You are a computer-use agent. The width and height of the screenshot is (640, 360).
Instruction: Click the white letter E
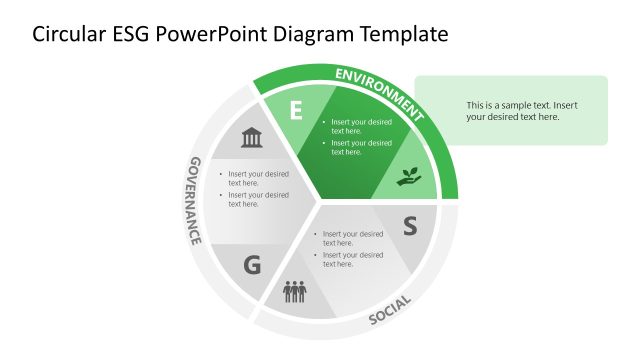296,111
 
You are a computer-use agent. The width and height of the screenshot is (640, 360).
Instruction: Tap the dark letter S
409,226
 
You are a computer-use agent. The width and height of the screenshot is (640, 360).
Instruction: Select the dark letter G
252,265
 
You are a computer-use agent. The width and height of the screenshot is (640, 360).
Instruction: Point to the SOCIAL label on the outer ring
390,310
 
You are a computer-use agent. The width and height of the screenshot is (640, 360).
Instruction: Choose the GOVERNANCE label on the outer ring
196,200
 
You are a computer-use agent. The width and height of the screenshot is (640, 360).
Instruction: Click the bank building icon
251,137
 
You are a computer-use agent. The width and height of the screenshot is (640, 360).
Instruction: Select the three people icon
294,292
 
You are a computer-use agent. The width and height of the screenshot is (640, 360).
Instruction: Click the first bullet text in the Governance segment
258,178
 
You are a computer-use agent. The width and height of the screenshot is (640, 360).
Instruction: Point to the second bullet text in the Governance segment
258,199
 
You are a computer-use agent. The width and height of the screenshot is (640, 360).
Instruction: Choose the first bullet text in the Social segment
352,238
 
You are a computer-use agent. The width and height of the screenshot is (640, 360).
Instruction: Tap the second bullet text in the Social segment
352,259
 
